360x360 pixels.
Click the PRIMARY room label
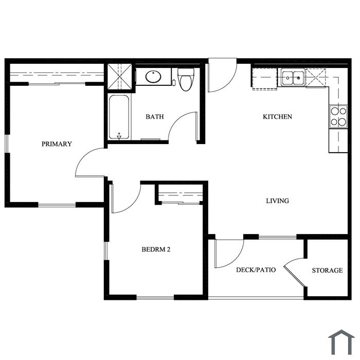pos(57,144)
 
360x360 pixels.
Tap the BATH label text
pos(155,117)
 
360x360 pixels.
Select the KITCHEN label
pos(277,117)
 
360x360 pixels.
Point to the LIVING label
pos(277,201)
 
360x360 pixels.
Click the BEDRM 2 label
pos(156,249)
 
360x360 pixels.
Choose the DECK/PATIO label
pos(256,270)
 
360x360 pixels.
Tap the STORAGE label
pos(327,271)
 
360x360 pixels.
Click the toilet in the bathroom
pos(186,79)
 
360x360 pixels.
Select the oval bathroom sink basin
pos(153,77)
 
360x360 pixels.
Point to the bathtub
pos(119,117)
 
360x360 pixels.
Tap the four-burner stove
pos(338,116)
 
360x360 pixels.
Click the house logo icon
pos(341,342)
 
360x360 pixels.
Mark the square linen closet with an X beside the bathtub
pos(120,77)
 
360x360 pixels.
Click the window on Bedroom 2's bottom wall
pos(155,298)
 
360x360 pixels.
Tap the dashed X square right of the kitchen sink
pos(316,78)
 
